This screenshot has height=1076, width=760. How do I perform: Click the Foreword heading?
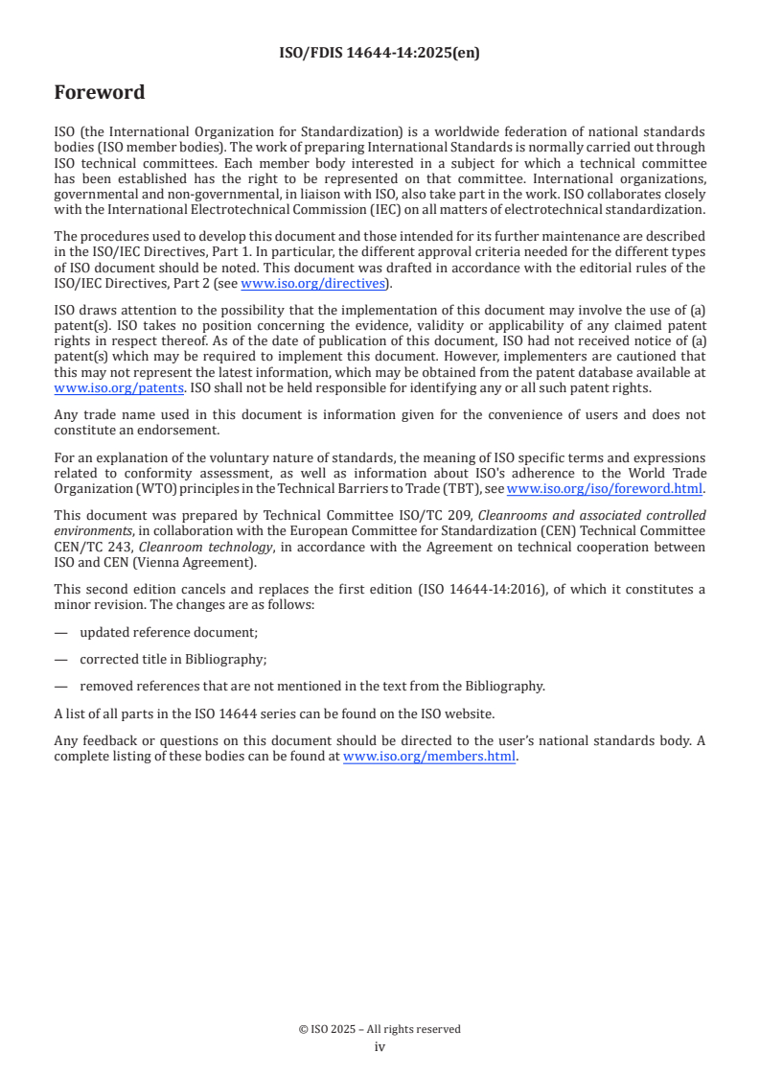point(100,93)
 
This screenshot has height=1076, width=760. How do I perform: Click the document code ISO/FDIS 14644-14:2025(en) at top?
point(380,54)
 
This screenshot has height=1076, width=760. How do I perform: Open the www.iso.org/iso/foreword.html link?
point(605,488)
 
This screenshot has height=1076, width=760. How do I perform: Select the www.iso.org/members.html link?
point(429,756)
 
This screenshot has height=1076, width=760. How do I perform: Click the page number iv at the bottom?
point(380,1046)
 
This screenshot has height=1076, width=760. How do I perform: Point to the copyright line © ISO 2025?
point(380,1029)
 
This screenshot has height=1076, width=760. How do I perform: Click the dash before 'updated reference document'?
point(60,632)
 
